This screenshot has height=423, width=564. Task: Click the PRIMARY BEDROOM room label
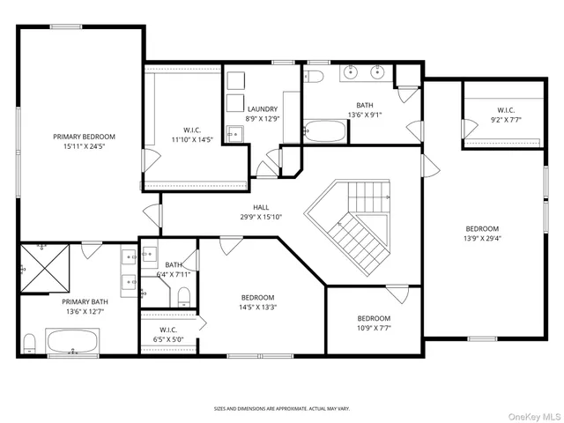click(84, 137)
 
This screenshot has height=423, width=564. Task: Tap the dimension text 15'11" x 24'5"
click(84, 147)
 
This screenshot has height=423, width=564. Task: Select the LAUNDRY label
click(262, 108)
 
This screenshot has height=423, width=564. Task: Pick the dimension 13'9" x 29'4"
click(482, 237)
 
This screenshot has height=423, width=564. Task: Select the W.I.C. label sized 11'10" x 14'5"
click(191, 130)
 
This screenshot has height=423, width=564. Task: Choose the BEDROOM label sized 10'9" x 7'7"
click(374, 318)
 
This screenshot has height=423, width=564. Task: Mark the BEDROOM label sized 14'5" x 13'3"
click(258, 298)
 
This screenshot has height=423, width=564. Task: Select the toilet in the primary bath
click(29, 342)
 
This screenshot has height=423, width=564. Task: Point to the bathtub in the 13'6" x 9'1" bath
click(325, 133)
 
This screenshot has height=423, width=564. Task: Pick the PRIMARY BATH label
click(84, 301)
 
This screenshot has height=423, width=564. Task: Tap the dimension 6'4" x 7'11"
click(174, 274)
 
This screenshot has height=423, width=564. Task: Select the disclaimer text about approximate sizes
click(282, 408)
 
